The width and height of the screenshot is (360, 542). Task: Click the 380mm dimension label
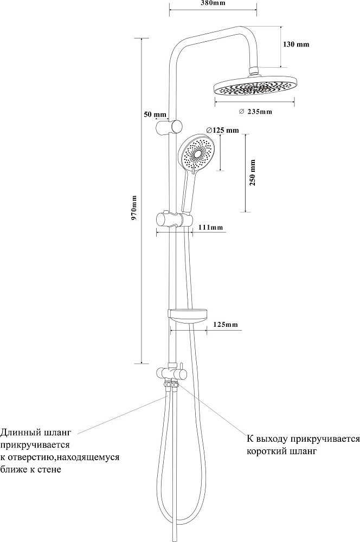tap(213, 3)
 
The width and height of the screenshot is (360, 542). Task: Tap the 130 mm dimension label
tap(297, 44)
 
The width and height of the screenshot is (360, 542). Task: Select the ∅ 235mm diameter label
tap(255, 112)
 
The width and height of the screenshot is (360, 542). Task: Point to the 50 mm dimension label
tap(155, 114)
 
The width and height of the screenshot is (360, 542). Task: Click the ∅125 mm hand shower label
tap(222, 130)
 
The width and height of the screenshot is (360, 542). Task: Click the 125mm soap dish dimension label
tap(225, 324)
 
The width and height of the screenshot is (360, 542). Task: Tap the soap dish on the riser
tap(188, 314)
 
